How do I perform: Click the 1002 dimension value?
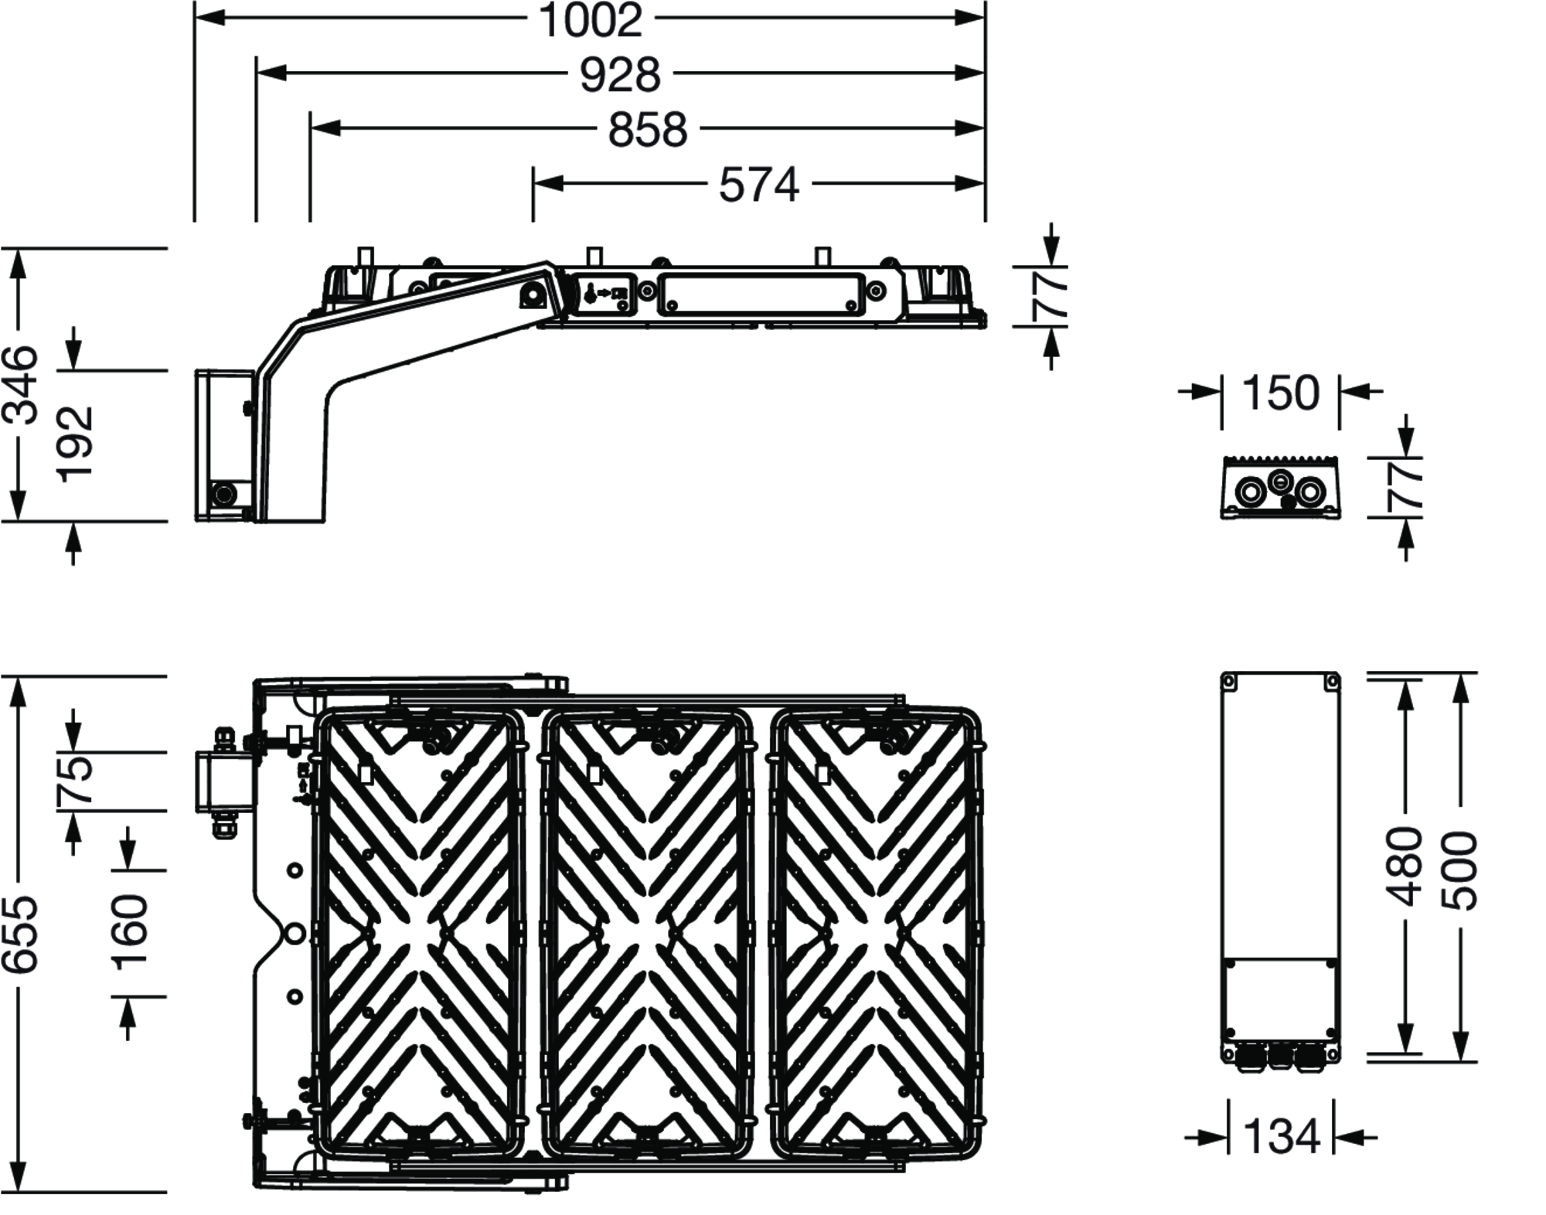(591, 21)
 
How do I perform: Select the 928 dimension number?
(621, 75)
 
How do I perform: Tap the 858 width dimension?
(648, 130)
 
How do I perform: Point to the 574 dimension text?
(758, 185)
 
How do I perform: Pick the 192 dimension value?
(76, 444)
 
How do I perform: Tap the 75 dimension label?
(76, 781)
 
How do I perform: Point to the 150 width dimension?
(1281, 393)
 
